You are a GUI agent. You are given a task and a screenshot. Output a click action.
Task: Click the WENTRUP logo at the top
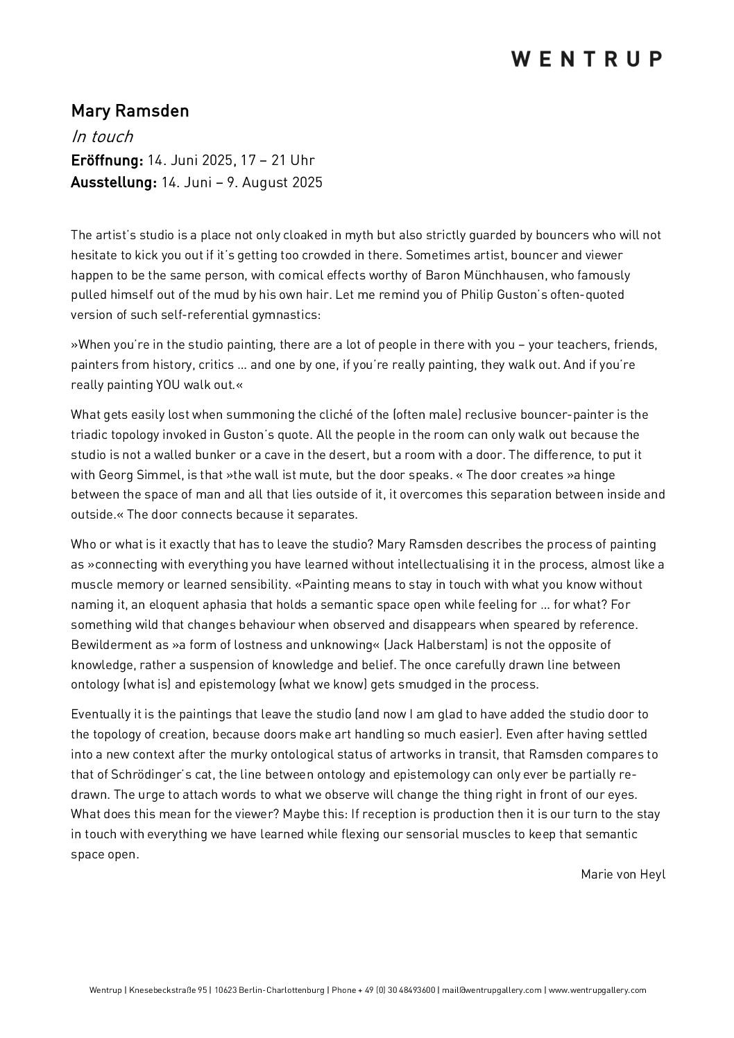[x=587, y=59]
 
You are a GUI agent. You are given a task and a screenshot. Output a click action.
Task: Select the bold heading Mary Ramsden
[x=130, y=111]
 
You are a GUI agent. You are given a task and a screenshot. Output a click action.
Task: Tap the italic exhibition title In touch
[x=102, y=137]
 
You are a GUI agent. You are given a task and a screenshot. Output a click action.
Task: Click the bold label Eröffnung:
[x=107, y=160]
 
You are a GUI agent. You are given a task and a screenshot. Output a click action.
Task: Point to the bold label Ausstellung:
[x=114, y=183]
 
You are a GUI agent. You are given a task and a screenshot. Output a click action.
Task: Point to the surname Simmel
[x=140, y=475]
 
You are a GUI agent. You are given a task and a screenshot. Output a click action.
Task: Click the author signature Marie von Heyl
[x=622, y=874]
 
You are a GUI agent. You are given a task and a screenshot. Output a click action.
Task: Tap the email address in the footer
[x=492, y=990]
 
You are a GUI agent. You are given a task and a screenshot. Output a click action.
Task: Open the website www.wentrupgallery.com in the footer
[x=597, y=990]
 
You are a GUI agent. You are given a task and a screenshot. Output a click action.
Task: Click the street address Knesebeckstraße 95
[x=169, y=990]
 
